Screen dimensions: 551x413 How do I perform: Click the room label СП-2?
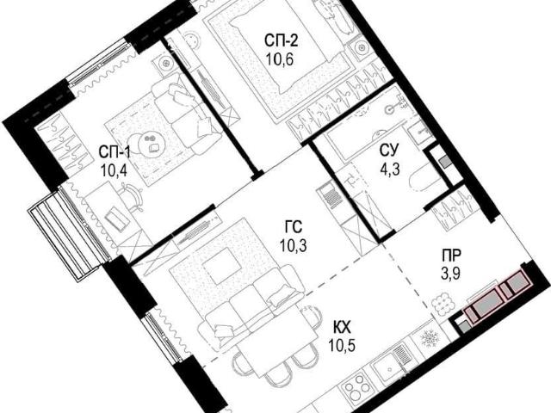pyautogui.click(x=282, y=40)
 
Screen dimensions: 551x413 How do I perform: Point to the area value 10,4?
pyautogui.click(x=114, y=171)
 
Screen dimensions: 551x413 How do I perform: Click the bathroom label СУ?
pyautogui.click(x=389, y=151)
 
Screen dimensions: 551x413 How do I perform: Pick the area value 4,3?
pyautogui.click(x=390, y=170)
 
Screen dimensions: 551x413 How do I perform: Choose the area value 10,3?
pyautogui.click(x=293, y=245)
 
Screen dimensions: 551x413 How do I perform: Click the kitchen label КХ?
pyautogui.click(x=342, y=329)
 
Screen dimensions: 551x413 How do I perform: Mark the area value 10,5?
pyautogui.click(x=343, y=346)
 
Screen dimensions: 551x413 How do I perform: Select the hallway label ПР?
pyautogui.click(x=451, y=255)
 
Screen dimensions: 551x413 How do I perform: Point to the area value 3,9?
pyautogui.click(x=451, y=273)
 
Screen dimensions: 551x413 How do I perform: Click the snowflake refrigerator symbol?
pyautogui.click(x=428, y=338)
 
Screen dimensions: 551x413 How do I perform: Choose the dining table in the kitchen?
pyautogui.click(x=277, y=337)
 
